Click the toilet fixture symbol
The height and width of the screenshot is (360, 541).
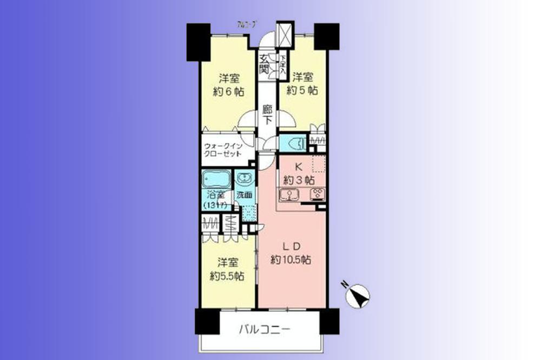[x=294, y=144]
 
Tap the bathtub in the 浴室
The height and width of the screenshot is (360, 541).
[x=216, y=179]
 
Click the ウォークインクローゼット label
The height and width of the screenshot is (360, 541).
[x=227, y=149]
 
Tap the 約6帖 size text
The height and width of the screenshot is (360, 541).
[x=229, y=91]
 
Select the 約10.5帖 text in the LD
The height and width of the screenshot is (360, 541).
[x=291, y=259]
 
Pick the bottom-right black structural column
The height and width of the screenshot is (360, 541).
[x=329, y=321]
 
